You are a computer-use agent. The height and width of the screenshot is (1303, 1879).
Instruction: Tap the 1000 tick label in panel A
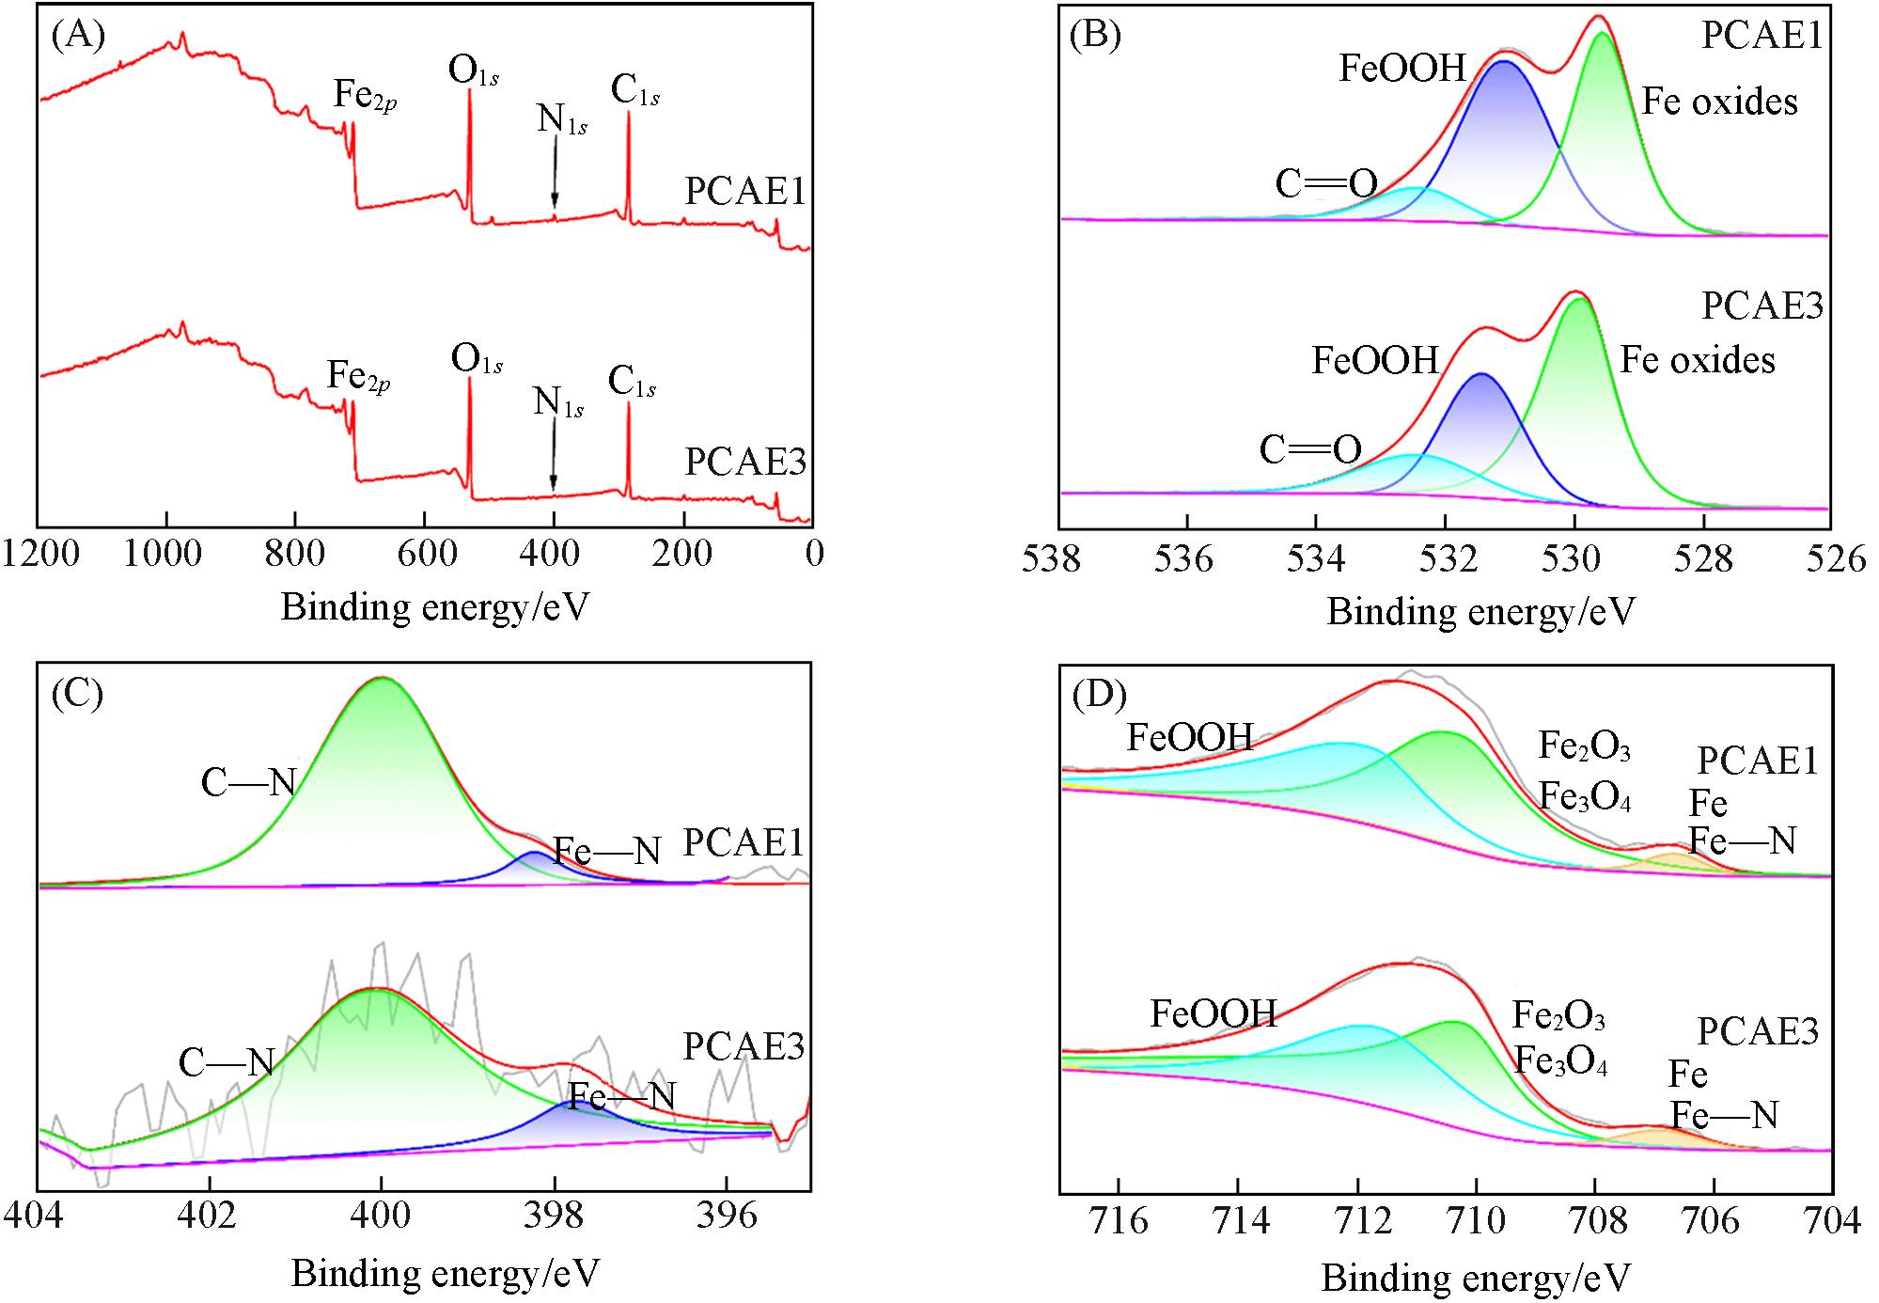(x=163, y=555)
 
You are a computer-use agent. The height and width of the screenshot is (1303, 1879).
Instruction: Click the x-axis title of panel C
(x=445, y=1273)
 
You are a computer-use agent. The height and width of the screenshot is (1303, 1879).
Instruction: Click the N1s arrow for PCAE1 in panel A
(x=555, y=172)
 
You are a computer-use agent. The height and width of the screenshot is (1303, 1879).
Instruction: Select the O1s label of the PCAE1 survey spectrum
(x=473, y=72)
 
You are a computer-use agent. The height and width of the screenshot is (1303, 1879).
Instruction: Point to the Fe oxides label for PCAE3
(x=1698, y=361)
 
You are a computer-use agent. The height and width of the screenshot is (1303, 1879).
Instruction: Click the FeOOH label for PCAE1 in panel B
(x=1402, y=69)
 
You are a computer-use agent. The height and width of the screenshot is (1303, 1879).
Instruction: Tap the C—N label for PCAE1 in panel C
(x=248, y=782)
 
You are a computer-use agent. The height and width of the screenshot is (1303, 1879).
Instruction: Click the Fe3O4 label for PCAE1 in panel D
(x=1584, y=797)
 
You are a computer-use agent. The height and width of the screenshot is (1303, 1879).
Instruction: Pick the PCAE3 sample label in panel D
(x=1758, y=1031)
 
